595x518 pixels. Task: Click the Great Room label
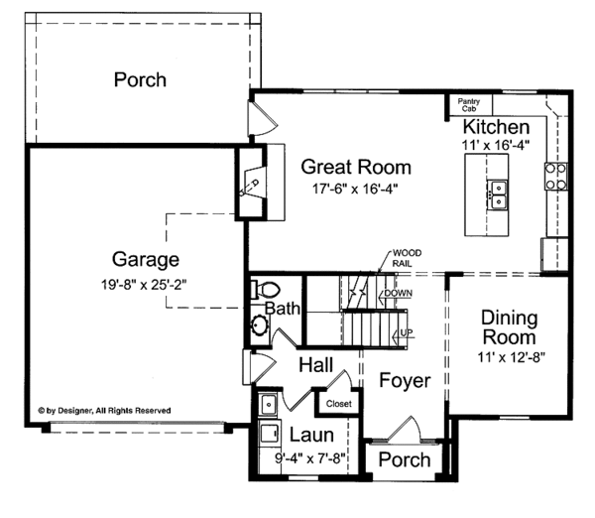coord(356,167)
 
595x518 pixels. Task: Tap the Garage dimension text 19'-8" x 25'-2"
coord(144,285)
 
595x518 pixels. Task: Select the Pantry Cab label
coord(469,105)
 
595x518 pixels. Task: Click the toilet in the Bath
coord(266,290)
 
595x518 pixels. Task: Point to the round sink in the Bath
coord(260,325)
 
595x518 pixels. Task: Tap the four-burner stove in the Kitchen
coord(556,177)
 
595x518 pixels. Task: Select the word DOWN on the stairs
coord(398,293)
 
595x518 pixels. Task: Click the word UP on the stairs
coord(407,333)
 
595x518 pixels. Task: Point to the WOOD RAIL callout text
coord(407,258)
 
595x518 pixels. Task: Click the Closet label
coord(338,404)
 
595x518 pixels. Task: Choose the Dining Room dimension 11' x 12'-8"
coord(511,358)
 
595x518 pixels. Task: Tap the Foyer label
coord(405,381)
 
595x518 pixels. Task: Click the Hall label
coord(315,365)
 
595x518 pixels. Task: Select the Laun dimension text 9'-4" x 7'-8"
coord(310,458)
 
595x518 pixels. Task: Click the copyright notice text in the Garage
coord(104,411)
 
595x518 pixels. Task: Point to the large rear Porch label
coord(140,79)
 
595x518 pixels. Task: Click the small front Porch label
coord(405,459)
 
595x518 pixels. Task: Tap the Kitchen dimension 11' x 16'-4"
coord(496,145)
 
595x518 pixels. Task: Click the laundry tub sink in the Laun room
coord(269,405)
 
